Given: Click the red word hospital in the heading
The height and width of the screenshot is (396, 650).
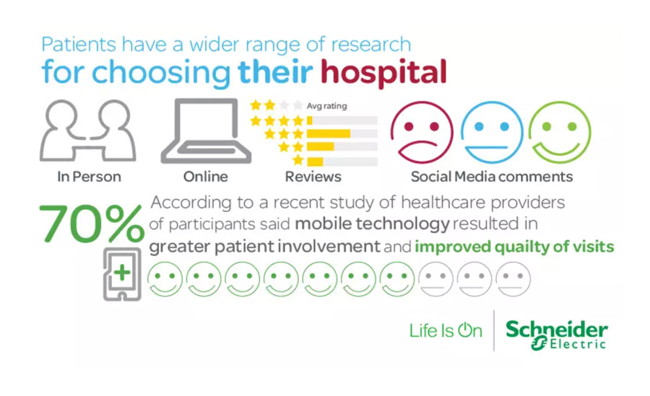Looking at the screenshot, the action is click(383, 73).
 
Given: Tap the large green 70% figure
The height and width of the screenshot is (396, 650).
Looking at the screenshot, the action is click(92, 224).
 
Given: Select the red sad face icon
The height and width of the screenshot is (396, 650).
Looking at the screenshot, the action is click(422, 132).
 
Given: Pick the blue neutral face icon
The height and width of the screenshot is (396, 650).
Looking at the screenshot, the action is click(492, 132).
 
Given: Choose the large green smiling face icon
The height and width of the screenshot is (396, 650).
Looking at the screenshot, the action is click(559, 132).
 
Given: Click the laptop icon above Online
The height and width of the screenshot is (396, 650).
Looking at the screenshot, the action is click(206, 131).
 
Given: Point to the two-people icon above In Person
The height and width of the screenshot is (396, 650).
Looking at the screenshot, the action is click(88, 131).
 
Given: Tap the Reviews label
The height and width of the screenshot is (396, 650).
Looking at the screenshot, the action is click(313, 177).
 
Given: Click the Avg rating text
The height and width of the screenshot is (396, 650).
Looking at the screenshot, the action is click(326, 106).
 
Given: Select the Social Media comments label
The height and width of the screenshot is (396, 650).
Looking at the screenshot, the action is click(492, 177).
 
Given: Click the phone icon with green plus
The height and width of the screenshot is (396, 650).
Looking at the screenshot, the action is click(122, 274).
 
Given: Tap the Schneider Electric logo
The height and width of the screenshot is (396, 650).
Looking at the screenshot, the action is click(556, 334).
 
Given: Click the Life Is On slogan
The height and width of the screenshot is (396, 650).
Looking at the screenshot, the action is click(446, 330).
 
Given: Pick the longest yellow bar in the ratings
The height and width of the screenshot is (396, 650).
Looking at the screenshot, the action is click(329, 133).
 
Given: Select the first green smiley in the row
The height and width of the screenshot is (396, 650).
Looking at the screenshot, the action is click(165, 279).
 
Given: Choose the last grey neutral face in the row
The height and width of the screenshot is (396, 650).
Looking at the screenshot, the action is click(513, 279).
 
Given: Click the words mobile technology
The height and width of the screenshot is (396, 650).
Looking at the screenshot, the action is click(372, 224).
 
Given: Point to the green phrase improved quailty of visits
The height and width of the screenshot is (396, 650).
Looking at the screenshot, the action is click(514, 247).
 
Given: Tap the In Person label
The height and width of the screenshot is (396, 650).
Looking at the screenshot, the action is click(89, 177).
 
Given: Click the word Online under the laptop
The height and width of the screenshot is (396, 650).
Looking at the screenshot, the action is click(206, 177).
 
